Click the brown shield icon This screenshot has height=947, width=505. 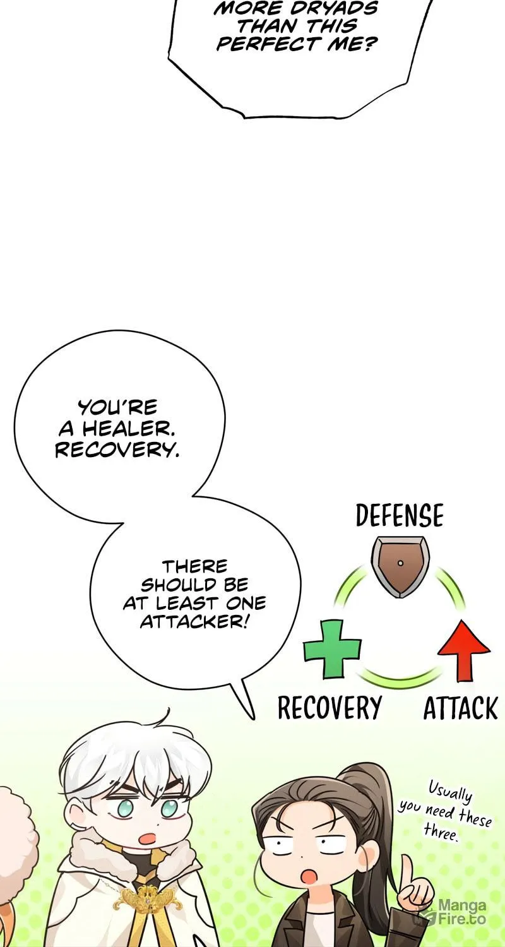coord(400,567)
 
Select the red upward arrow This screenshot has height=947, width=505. coord(464,650)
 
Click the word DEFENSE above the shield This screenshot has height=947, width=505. coord(400,515)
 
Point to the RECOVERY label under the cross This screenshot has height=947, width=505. coord(330,708)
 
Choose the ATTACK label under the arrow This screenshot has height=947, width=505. coord(461,708)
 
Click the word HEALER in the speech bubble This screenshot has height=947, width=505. coord(129,429)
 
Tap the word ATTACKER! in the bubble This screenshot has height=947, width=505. coord(193,622)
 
